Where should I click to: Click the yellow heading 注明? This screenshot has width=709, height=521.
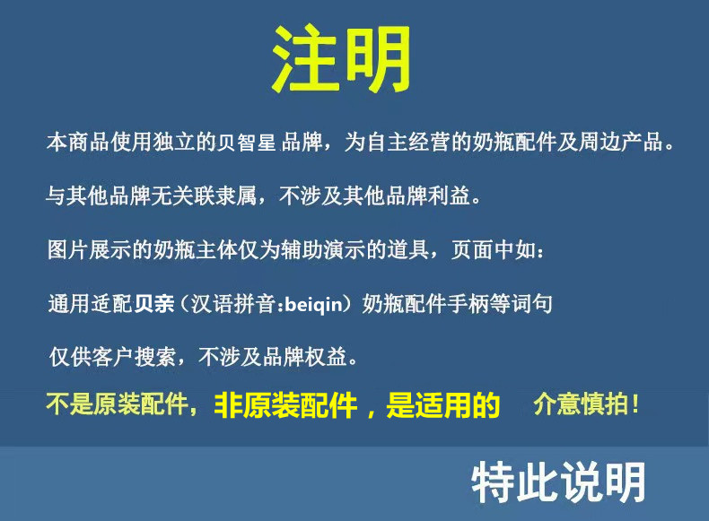341,59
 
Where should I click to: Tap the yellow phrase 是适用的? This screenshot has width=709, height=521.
442,406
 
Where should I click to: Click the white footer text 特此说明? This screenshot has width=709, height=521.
558,482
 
